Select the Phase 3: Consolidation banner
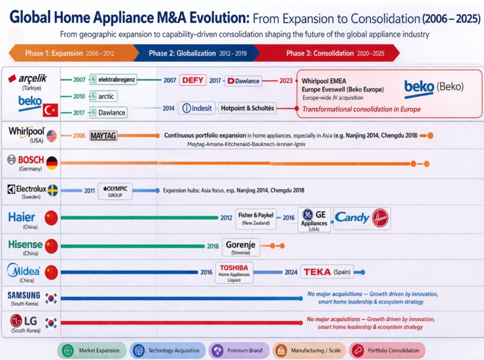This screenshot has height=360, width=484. coord(326,53)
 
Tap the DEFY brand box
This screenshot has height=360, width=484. coord(192,80)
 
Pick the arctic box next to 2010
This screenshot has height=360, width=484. coord(103,96)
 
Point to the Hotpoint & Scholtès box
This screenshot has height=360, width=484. coord(247,108)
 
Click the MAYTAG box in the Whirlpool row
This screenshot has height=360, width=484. coord(103,136)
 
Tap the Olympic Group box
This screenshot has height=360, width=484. coord(115,191)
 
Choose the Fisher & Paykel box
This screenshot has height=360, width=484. coord(256,218)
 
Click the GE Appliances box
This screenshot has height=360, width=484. coord(314,219)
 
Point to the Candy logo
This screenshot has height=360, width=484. coord(352,218)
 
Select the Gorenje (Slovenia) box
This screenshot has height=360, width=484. coord(240,247)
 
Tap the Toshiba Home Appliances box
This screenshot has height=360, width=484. coord(233,273)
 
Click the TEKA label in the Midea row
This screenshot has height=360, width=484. coord(317,272)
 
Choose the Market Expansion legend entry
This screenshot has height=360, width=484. coord(92,351)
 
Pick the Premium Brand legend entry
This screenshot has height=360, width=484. coord(239,351)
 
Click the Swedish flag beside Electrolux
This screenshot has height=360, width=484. coord(52,190)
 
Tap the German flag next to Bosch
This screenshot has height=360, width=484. coord(52,163)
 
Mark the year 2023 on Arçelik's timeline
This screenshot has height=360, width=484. coord(286,80)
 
